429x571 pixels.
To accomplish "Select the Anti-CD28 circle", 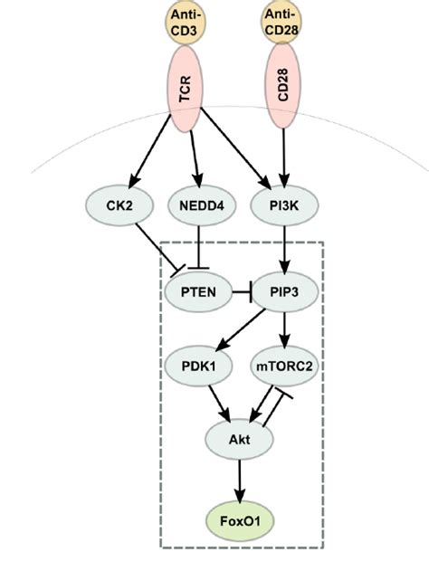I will pyautogui.click(x=281, y=22).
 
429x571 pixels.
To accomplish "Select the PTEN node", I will pyautogui.click(x=196, y=292).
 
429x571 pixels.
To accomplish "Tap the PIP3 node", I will pyautogui.click(x=281, y=292).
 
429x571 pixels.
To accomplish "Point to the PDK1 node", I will pyautogui.click(x=196, y=367).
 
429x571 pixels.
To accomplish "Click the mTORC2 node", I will pyautogui.click(x=281, y=367).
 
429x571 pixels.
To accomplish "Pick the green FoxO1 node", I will pyautogui.click(x=239, y=520).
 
